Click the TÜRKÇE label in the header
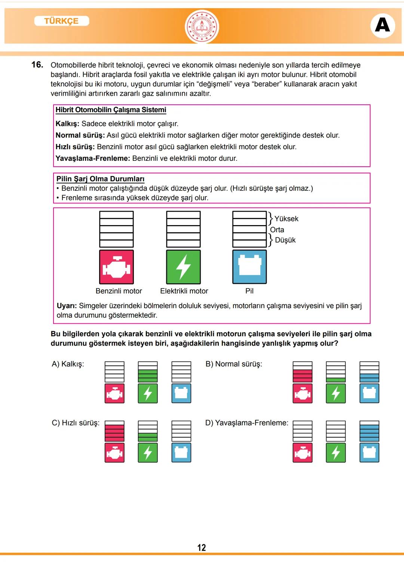[x=61, y=21]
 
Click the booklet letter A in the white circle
[x=382, y=25]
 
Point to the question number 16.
[x=37, y=65]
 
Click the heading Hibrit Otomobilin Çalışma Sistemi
[x=111, y=110]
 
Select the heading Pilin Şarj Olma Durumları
[x=100, y=179]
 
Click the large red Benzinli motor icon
[x=116, y=267]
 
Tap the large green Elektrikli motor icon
[x=183, y=267]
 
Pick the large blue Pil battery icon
[x=250, y=267]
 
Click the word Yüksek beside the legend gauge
[x=286, y=219]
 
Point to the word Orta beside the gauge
[x=277, y=230]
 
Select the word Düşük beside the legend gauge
[x=285, y=240]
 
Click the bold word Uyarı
[x=67, y=306]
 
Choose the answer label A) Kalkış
[x=68, y=364]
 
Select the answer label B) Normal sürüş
[x=234, y=364]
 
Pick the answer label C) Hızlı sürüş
[x=76, y=423]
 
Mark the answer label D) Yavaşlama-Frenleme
[x=247, y=423]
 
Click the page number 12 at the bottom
[x=202, y=548]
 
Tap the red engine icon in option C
[x=114, y=453]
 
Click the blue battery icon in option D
[x=369, y=453]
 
